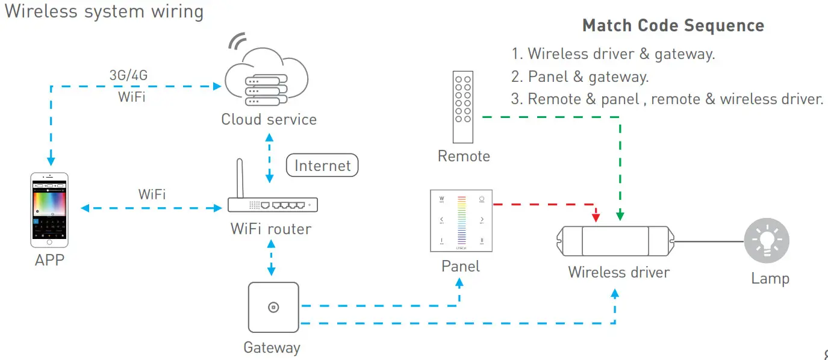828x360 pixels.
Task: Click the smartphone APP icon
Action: click(49, 209)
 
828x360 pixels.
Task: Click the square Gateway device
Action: click(273, 307)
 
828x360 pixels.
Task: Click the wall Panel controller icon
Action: click(461, 220)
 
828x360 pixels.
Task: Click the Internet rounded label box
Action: click(322, 166)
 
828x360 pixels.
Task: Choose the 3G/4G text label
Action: click(127, 75)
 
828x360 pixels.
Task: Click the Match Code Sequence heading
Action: click(673, 26)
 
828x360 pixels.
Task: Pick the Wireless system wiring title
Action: click(104, 11)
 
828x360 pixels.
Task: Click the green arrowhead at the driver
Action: click(620, 215)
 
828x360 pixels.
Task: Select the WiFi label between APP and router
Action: click(152, 194)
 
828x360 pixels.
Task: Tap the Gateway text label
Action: click(272, 347)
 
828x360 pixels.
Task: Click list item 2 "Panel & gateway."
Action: click(580, 76)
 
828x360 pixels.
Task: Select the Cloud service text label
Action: click(269, 119)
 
